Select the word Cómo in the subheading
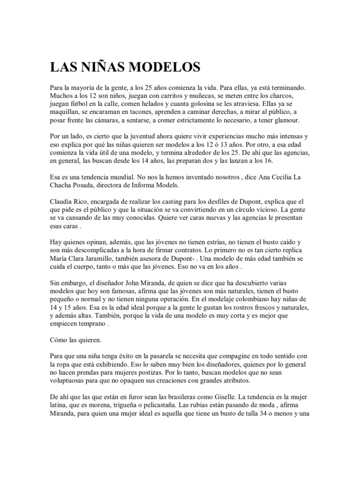pyautogui.click(x=60, y=338)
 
